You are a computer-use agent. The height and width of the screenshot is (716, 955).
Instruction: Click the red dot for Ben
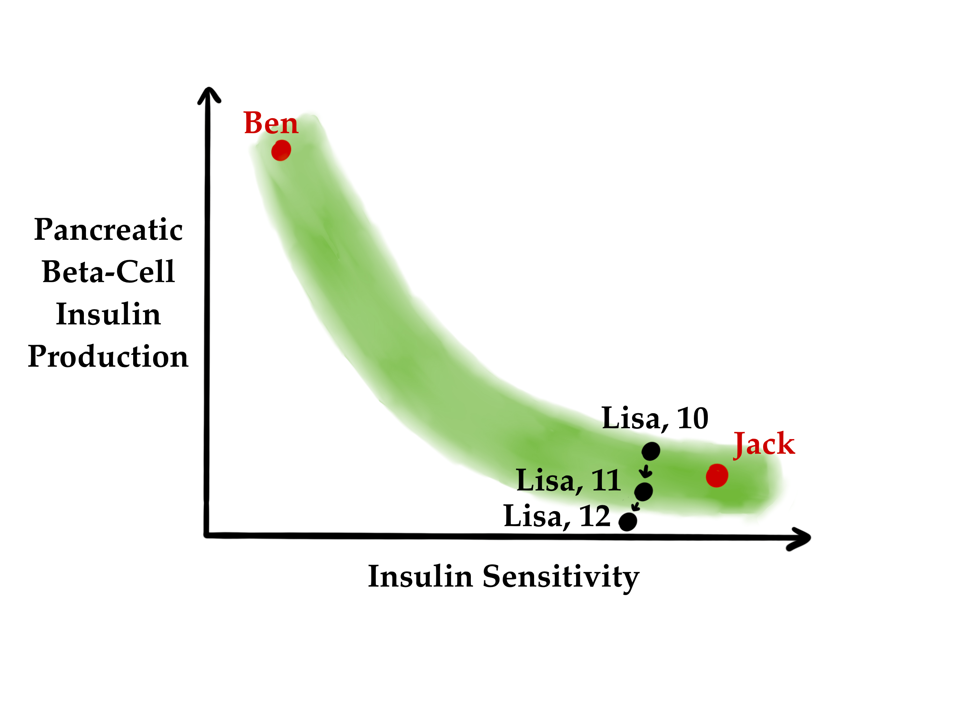(281, 150)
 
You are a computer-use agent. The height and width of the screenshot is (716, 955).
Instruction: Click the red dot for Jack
(717, 475)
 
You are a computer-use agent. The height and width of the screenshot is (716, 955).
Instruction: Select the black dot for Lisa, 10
(651, 451)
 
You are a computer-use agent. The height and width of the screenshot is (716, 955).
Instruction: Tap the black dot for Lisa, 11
(643, 492)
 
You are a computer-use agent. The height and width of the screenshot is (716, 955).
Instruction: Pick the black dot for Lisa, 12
(628, 522)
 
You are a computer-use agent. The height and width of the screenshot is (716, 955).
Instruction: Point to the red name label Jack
(764, 444)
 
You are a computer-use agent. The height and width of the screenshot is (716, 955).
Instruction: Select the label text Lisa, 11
(569, 480)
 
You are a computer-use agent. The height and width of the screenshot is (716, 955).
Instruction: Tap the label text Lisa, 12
(557, 516)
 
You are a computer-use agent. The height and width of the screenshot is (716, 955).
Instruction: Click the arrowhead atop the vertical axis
(209, 94)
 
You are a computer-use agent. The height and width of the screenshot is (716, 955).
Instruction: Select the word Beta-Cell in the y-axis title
(108, 272)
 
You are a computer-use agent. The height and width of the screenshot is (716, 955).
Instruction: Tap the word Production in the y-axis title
(108, 356)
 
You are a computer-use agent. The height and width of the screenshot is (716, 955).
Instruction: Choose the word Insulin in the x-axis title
(420, 577)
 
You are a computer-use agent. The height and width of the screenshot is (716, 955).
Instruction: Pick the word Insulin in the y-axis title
(108, 314)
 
